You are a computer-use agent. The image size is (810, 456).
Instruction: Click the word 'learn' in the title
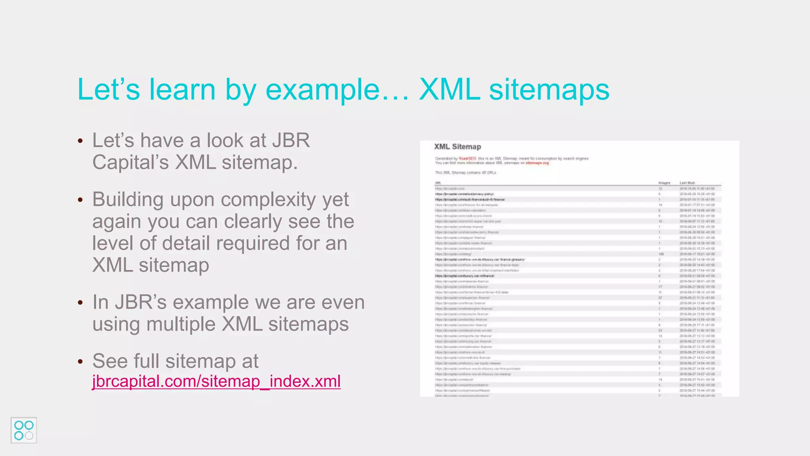182,89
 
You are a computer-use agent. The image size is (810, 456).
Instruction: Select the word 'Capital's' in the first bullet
131,162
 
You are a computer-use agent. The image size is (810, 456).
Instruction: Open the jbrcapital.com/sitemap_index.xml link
216,381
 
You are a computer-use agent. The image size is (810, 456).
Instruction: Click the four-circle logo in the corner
24,430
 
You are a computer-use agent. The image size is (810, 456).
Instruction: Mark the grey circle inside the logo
29,436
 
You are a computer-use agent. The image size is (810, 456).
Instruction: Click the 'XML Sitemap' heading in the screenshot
458,147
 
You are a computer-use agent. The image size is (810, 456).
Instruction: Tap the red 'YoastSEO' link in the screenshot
467,158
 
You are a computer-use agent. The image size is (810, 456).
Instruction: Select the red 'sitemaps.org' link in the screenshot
537,163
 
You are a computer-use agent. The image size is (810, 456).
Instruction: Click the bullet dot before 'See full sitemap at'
81,361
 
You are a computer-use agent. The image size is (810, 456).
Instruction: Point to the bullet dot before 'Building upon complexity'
81,200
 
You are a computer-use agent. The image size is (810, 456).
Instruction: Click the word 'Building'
128,199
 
